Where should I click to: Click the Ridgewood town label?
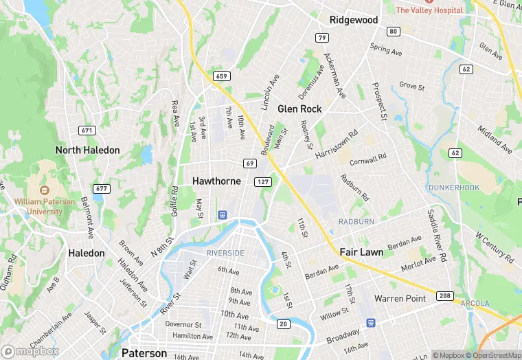click(354, 20)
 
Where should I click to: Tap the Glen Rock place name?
click(299, 109)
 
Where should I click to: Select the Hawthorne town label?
click(216, 181)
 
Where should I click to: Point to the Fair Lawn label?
click(361, 252)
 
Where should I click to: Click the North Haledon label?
click(87, 150)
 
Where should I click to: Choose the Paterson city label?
click(144, 353)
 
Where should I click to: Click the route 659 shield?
click(220, 76)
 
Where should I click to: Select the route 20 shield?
click(283, 324)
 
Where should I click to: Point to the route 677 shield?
click(102, 188)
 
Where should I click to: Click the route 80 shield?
click(393, 32)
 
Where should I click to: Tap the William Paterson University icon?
click(45, 190)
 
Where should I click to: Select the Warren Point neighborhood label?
click(400, 298)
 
